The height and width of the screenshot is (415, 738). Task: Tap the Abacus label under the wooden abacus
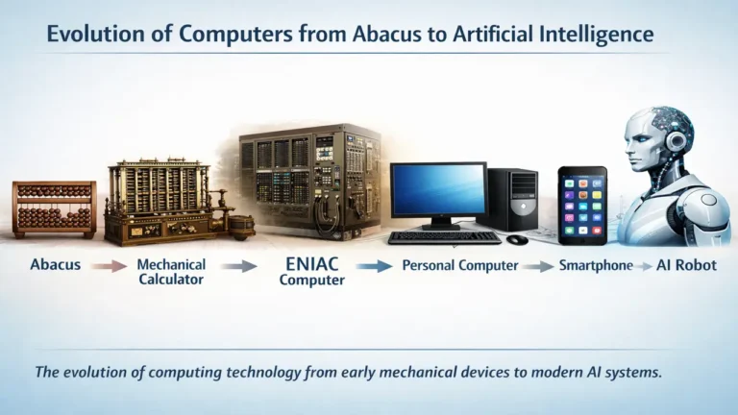pyautogui.click(x=55, y=265)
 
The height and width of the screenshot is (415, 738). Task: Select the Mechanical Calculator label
pyautogui.click(x=170, y=271)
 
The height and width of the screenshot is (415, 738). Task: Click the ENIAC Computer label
pyautogui.click(x=310, y=270)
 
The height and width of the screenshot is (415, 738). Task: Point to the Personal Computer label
pyautogui.click(x=460, y=265)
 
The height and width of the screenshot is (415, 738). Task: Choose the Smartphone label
pyautogui.click(x=596, y=265)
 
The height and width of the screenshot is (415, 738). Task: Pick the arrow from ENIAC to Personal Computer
pyautogui.click(x=378, y=266)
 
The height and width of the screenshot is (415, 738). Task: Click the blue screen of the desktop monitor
pyautogui.click(x=438, y=189)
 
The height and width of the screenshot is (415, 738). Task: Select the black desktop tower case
pyautogui.click(x=513, y=199)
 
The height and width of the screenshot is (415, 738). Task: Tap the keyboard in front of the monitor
pyautogui.click(x=444, y=236)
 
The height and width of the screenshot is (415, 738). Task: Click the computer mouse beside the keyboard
pyautogui.click(x=517, y=238)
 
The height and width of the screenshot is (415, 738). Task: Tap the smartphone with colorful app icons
pyautogui.click(x=582, y=205)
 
